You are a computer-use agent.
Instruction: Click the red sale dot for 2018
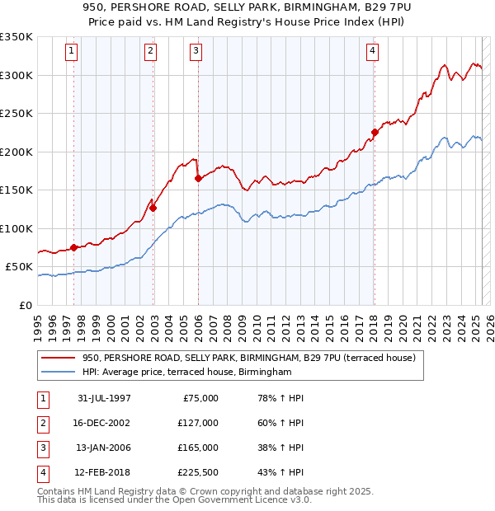pos(375,132)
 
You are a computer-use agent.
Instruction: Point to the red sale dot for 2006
pos(198,178)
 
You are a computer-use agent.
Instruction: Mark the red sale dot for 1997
pos(74,247)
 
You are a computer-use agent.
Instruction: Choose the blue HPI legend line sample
pos(59,373)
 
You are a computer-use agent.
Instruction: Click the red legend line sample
pos(59,358)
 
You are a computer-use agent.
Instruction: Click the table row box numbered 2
pos(41,423)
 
